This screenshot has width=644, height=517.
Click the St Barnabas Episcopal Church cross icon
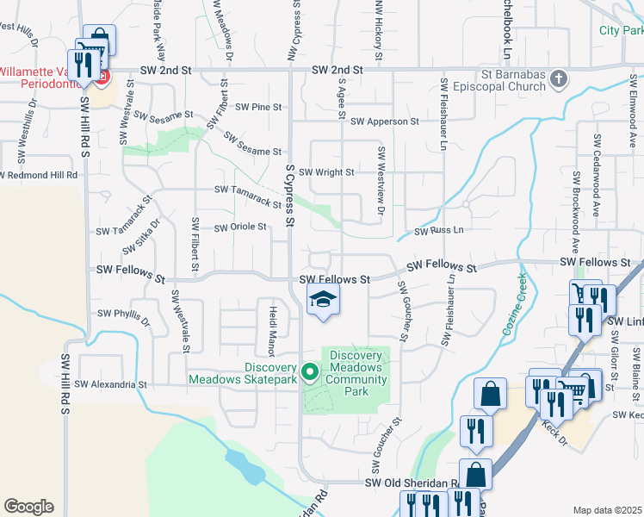pyautogui.click(x=559, y=80)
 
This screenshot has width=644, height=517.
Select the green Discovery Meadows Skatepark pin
pyautogui.click(x=310, y=372)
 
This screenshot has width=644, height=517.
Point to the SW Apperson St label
pyautogui.click(x=384, y=121)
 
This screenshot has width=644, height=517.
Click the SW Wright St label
pyautogui.click(x=326, y=172)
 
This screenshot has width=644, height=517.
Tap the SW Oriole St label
pyautogui.click(x=240, y=227)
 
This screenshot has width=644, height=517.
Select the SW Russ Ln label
pyautogui.click(x=439, y=231)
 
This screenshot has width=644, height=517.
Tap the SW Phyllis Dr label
pyautogui.click(x=124, y=315)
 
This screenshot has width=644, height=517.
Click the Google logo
pyautogui.click(x=28, y=507)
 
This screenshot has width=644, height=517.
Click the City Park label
pyautogui.click(x=621, y=30)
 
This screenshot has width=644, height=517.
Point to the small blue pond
pyautogui.click(x=245, y=465)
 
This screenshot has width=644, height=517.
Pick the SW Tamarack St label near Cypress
pyautogui.click(x=247, y=196)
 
